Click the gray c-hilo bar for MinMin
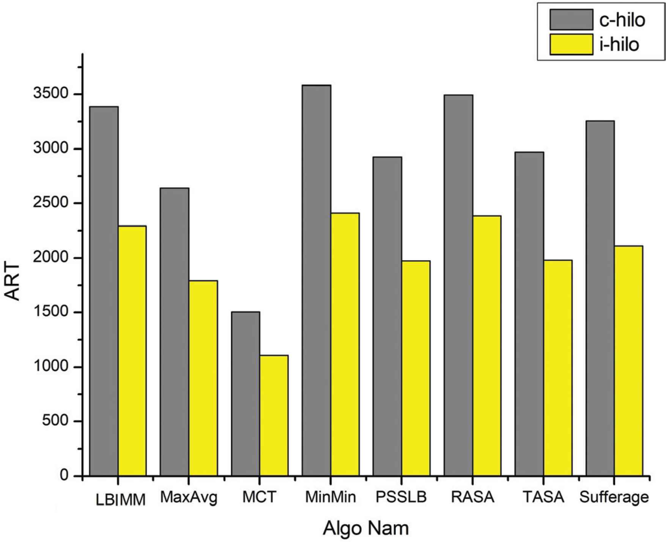(316, 280)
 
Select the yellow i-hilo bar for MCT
(274, 415)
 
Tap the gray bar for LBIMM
(104, 291)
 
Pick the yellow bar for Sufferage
(628, 361)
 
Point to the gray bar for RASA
(458, 285)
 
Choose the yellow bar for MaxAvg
(203, 378)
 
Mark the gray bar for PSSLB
(387, 316)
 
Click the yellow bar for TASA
(558, 368)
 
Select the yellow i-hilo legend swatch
(571, 44)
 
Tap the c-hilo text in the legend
(622, 19)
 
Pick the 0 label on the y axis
(64, 476)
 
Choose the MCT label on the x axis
(260, 497)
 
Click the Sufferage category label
(614, 497)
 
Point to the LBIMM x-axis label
(121, 500)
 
